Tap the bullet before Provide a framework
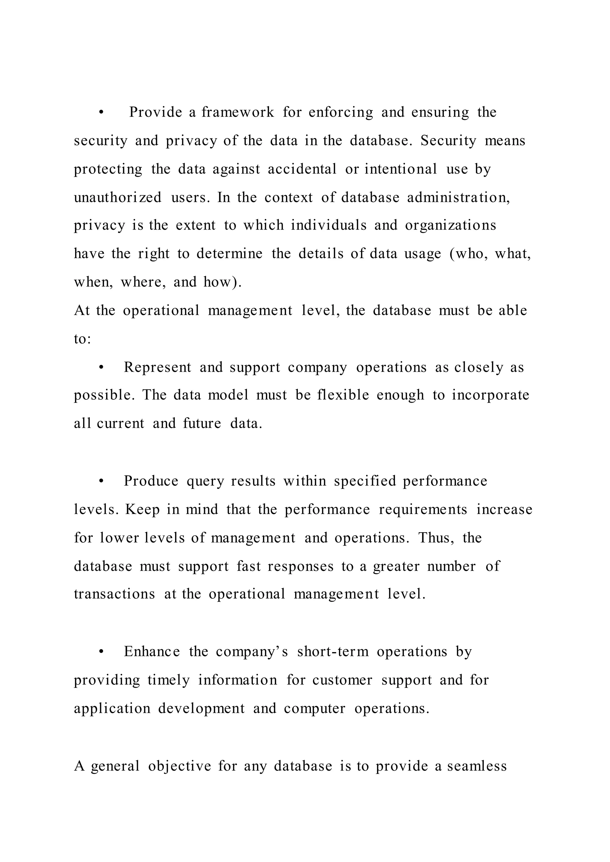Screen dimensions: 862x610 coord(101,113)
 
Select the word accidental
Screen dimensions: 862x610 coord(302,169)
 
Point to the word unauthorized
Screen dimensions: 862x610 coord(118,197)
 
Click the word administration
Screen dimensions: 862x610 coord(458,197)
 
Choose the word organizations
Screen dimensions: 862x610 coord(450,225)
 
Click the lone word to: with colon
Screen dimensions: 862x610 coord(82,339)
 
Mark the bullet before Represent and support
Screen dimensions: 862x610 coord(101,368)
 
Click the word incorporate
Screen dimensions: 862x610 coord(490,395)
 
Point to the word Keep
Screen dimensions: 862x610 coord(142,510)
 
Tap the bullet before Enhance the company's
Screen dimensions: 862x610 coord(101,652)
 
